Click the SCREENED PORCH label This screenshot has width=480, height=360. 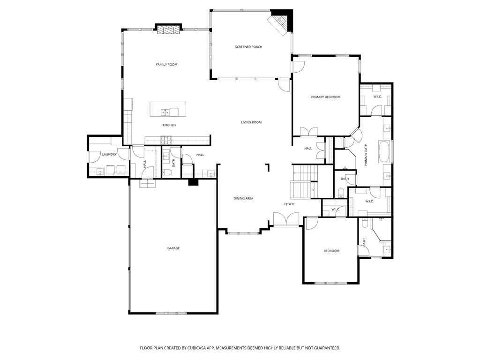click(248, 47)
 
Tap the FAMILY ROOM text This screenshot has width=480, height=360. click(166, 64)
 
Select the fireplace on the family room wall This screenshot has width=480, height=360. click(167, 30)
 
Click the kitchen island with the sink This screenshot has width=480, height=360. click(168, 110)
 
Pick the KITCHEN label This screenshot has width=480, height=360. click(169, 125)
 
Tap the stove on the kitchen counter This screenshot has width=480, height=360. click(166, 139)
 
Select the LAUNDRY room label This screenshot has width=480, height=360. click(109, 154)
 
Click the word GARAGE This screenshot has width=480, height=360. click(173, 248)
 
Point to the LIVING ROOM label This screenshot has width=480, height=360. click(251, 122)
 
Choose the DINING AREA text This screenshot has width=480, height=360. click(243, 198)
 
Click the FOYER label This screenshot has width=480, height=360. click(289, 204)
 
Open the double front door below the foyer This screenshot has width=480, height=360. click(286, 219)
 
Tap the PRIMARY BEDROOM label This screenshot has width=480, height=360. click(325, 97)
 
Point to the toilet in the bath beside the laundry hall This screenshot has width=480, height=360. click(167, 173)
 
